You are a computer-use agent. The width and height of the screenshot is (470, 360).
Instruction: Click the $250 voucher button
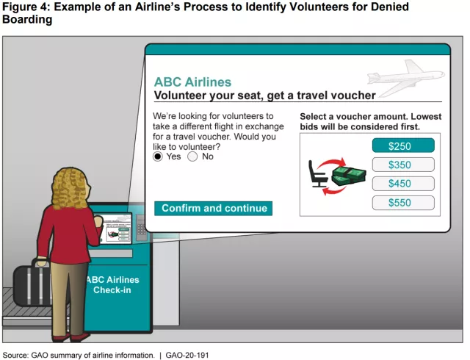pyautogui.click(x=403, y=145)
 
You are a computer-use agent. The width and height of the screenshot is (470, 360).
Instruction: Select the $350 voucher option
pyautogui.click(x=403, y=165)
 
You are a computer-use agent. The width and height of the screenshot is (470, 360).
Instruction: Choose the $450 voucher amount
pyautogui.click(x=403, y=184)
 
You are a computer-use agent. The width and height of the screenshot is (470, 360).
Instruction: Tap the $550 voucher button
pyautogui.click(x=403, y=203)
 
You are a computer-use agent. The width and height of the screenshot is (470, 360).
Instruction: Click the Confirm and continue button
pyautogui.click(x=213, y=208)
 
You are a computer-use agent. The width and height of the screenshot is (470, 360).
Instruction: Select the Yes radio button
pyautogui.click(x=157, y=156)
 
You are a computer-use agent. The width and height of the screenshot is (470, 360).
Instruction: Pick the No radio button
pyautogui.click(x=192, y=156)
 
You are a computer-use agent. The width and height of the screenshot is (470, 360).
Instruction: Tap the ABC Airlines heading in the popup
pyautogui.click(x=192, y=82)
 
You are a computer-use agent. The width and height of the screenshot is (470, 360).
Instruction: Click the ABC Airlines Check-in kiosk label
pyautogui.click(x=112, y=285)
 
